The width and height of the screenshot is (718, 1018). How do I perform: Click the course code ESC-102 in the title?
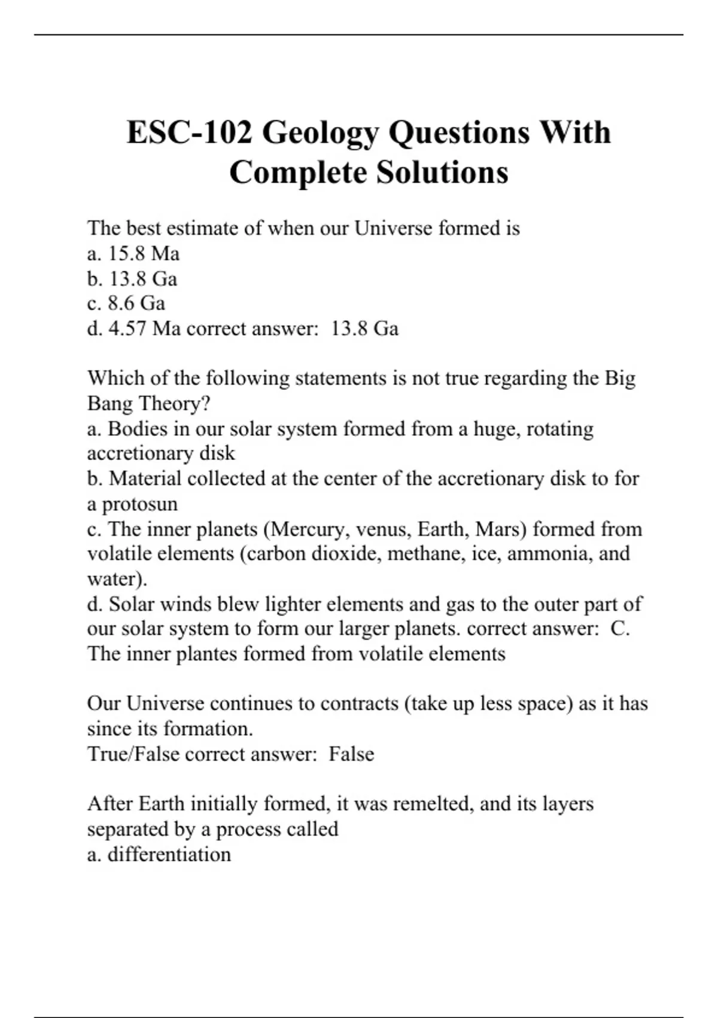tap(190, 132)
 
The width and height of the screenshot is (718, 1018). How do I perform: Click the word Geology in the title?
tap(320, 134)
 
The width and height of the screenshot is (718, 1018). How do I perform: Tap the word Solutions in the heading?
tap(442, 172)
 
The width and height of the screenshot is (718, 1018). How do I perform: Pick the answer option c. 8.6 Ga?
tap(126, 304)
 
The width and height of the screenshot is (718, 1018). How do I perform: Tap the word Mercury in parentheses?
tap(307, 529)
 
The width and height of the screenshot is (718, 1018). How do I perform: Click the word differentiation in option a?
tap(169, 854)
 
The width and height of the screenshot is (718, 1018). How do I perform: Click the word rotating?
tap(560, 429)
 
